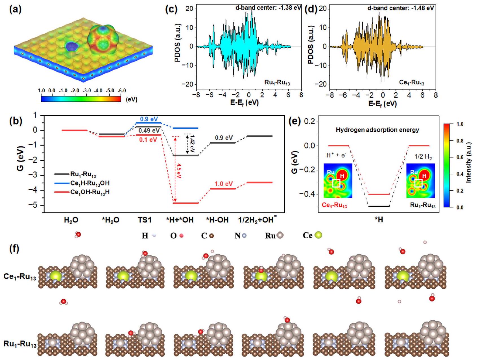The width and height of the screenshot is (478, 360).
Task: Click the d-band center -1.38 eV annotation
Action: (268, 8)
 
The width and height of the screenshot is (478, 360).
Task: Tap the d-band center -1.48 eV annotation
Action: (401, 8)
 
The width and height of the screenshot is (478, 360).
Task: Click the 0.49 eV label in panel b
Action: (149, 131)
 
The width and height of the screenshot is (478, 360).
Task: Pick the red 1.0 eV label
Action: (224, 184)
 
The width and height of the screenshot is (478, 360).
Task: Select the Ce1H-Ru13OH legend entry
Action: (90, 184)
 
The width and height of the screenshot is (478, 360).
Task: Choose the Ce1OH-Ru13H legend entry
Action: (90, 193)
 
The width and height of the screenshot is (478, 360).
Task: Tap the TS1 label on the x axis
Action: (145, 220)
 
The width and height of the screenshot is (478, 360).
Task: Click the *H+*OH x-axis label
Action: (180, 220)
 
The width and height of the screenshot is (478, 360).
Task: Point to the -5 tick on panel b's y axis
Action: (34, 205)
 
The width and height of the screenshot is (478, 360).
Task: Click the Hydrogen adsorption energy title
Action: (377, 130)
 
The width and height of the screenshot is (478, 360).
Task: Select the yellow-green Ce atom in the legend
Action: (318, 235)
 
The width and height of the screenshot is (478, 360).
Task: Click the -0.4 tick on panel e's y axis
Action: (308, 194)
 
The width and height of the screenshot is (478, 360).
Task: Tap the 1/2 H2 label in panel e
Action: (423, 157)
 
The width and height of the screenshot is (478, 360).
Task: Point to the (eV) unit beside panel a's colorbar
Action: (132, 99)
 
